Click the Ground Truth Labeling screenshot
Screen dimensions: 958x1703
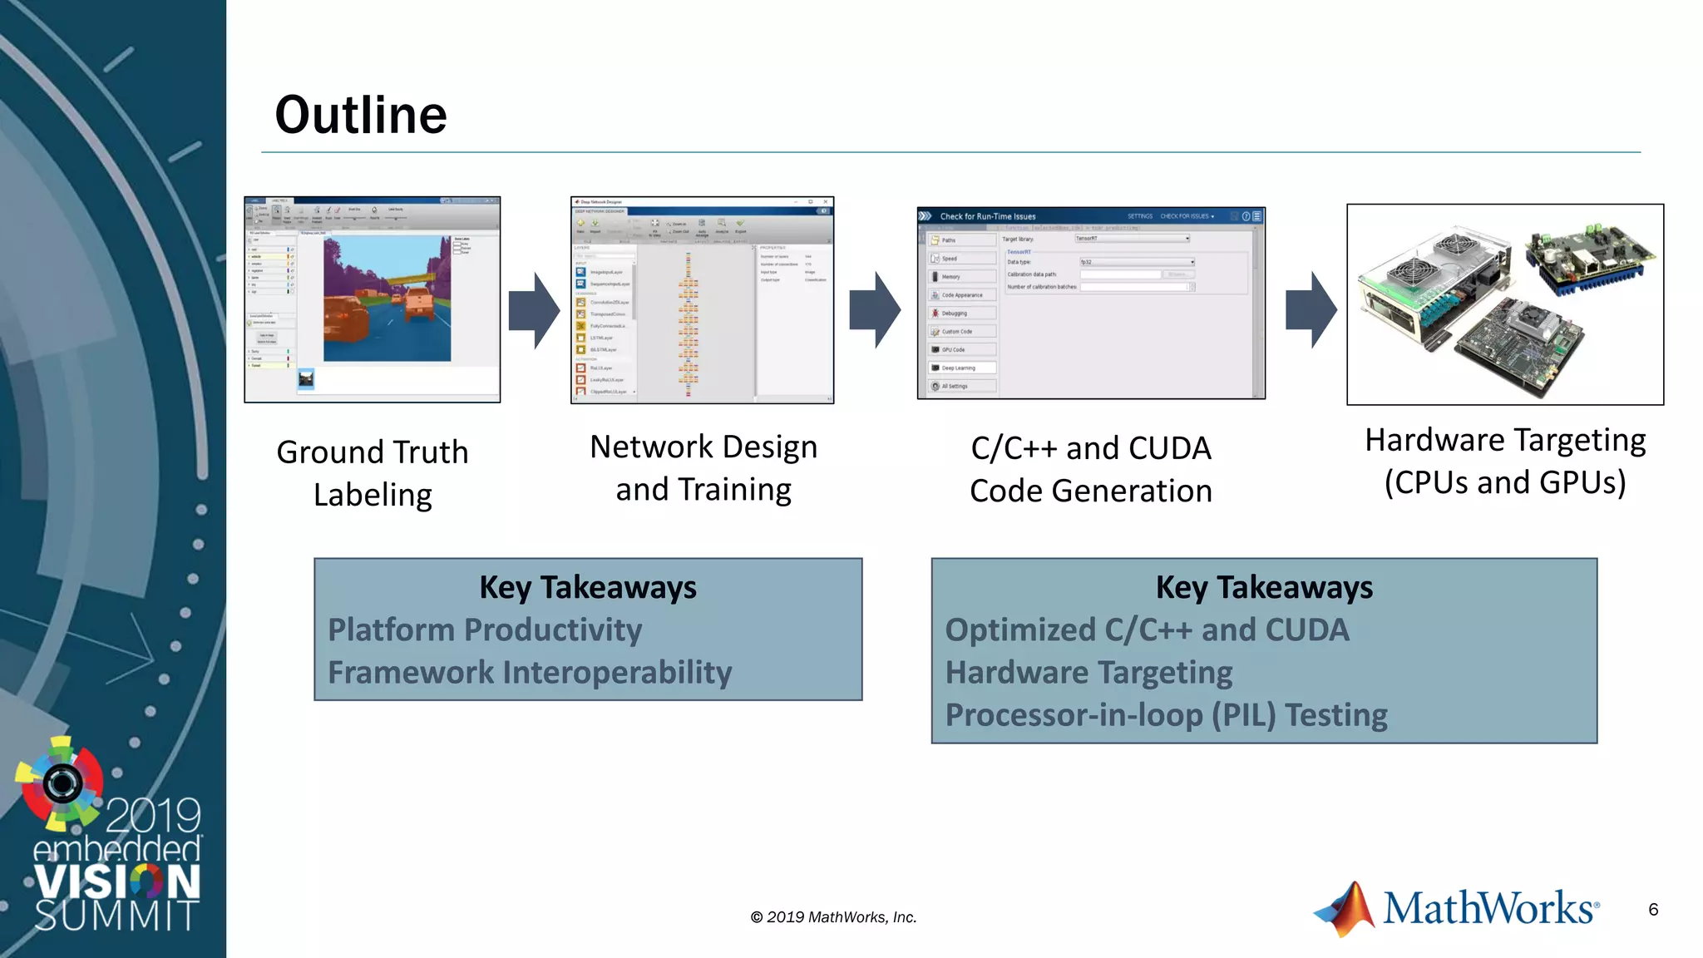pos(372,299)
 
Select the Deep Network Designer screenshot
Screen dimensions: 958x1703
pos(702,300)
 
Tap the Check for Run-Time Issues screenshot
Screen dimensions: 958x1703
pos(1090,303)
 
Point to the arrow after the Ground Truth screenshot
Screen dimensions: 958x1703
pos(534,310)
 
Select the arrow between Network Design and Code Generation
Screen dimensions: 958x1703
pos(875,309)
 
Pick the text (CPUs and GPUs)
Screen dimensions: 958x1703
pos(1504,483)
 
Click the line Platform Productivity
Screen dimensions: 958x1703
pos(485,630)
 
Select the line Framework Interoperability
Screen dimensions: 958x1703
pos(530,672)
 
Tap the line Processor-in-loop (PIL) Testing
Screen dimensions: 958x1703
pos(1166,715)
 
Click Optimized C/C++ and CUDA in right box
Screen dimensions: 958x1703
pos(1147,630)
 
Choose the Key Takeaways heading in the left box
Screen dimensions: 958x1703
pos(588,587)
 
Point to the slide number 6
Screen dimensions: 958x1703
pos(1653,910)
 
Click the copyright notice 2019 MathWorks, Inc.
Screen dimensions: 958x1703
pos(833,917)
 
